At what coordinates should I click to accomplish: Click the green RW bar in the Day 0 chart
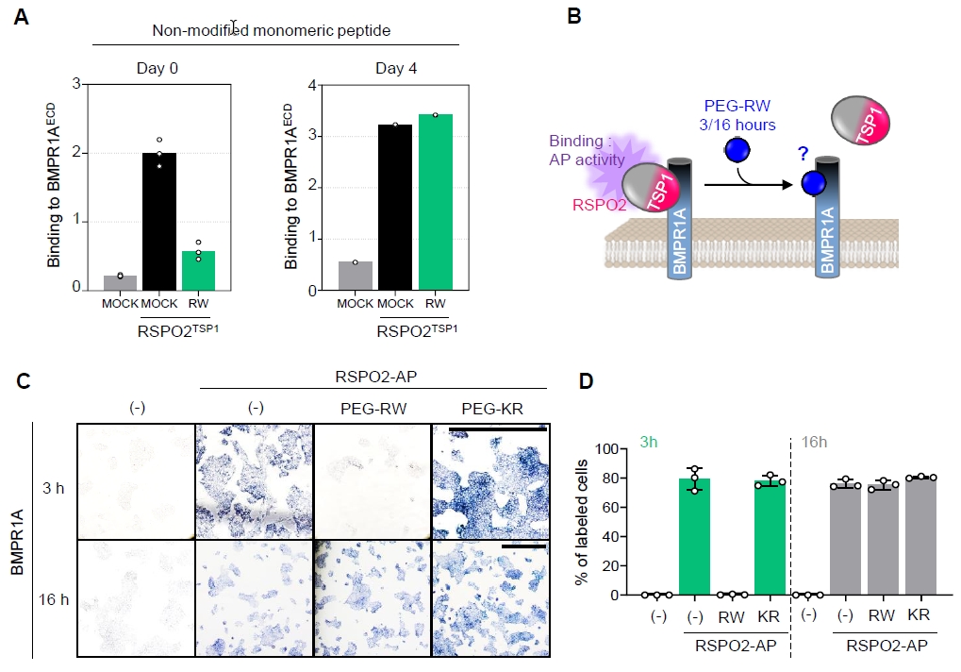[x=197, y=270]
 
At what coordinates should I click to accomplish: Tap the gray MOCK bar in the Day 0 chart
[x=120, y=282]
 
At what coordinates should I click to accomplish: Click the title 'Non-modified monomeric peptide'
[x=272, y=30]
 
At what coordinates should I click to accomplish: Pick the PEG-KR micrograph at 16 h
[x=489, y=596]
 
